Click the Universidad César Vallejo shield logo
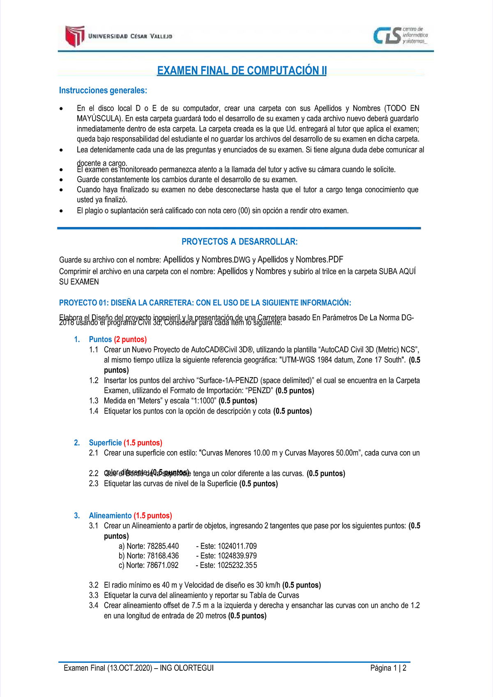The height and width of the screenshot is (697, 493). pos(75,36)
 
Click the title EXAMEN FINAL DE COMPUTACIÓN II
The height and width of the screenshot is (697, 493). pos(242,71)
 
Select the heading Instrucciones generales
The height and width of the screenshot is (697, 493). pos(103,90)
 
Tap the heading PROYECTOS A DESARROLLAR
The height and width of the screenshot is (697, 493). pos(240,242)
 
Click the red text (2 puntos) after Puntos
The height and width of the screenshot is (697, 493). pos(130,340)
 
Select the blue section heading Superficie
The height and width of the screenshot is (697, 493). pos(105,443)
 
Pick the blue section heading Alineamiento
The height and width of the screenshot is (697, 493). pos(110,516)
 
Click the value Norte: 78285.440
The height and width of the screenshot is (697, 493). pos(152,546)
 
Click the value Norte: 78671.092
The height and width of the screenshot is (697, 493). pos(152,565)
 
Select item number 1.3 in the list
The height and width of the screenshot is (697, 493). pos(94,401)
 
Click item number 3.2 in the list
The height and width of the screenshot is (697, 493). pos(94,585)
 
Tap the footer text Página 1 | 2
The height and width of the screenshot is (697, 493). pos(388,668)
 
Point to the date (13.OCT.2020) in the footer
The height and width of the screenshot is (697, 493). pos(130,668)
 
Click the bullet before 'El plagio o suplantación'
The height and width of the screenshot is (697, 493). pos(61,211)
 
